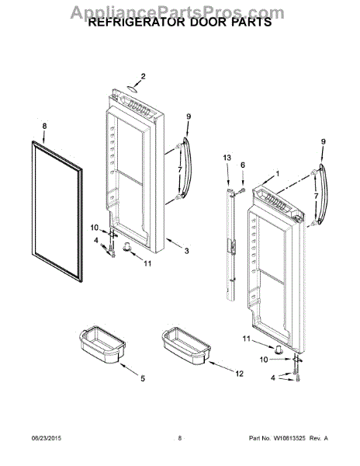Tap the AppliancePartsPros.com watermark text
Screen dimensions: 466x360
coord(179,9)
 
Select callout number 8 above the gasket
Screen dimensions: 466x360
coord(44,126)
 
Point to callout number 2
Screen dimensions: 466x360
coord(142,76)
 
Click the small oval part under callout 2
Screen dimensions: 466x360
coord(133,89)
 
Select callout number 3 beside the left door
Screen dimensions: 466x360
coord(186,250)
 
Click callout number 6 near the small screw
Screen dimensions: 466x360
coord(242,165)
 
